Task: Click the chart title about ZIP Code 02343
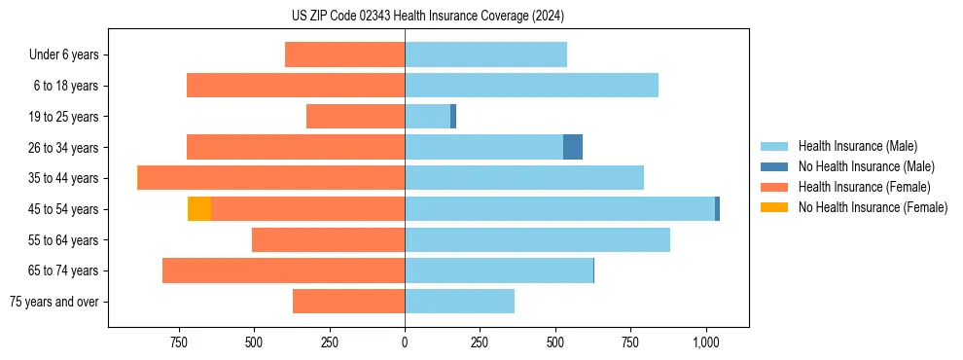(427, 17)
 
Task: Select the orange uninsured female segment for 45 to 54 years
(199, 209)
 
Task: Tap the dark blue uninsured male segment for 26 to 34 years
(573, 147)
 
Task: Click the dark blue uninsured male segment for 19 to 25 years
(453, 117)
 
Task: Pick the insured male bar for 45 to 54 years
(559, 209)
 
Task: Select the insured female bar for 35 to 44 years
(271, 178)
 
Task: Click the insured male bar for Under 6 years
(485, 54)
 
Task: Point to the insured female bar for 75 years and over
(348, 302)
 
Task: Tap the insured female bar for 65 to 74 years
(283, 270)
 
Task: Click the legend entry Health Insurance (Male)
(857, 147)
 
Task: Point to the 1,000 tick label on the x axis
(706, 342)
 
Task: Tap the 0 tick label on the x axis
(405, 342)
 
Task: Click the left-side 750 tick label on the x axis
(178, 342)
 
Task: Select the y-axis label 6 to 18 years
(66, 86)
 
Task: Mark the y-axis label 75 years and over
(54, 302)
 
